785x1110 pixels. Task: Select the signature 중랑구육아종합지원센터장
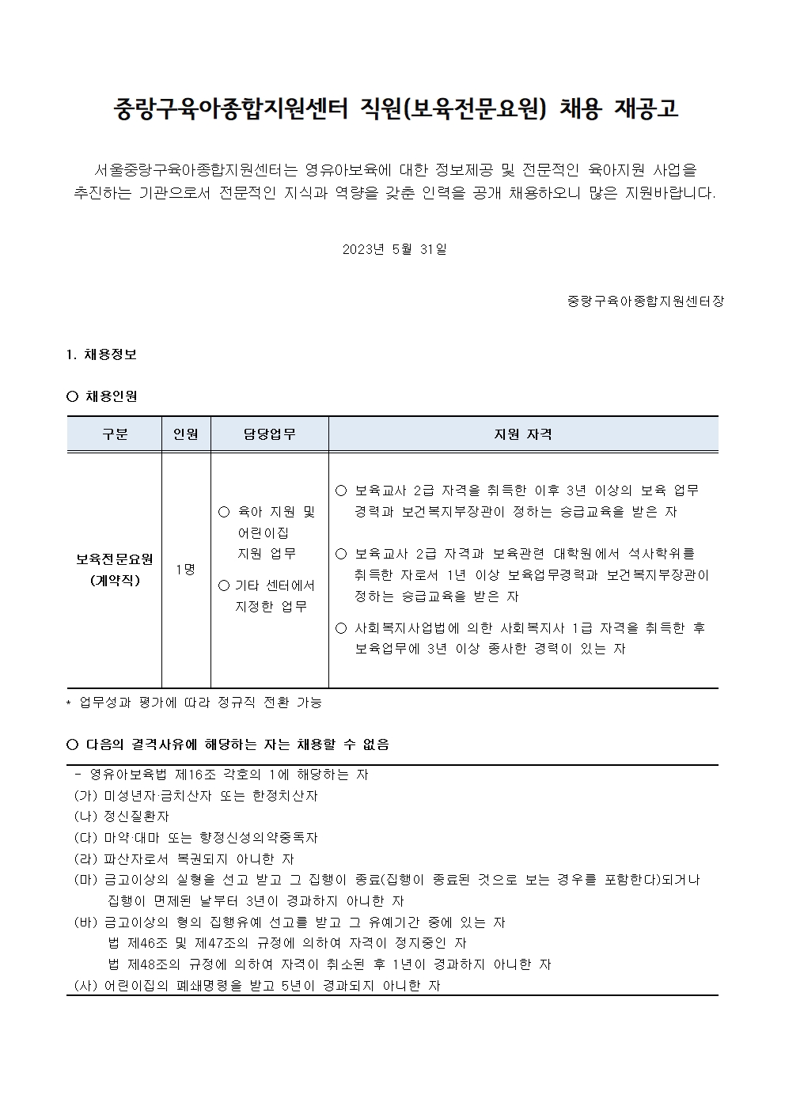pyautogui.click(x=645, y=301)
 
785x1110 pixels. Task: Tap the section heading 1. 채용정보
pyautogui.click(x=102, y=354)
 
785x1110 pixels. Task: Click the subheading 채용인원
pyautogui.click(x=111, y=396)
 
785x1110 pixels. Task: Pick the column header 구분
pyautogui.click(x=115, y=434)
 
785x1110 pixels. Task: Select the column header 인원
pyautogui.click(x=186, y=434)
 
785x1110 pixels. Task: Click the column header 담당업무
pyautogui.click(x=269, y=434)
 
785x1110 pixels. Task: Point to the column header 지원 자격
pyautogui.click(x=523, y=434)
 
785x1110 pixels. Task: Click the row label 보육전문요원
pyautogui.click(x=115, y=559)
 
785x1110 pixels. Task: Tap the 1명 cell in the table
pyautogui.click(x=186, y=570)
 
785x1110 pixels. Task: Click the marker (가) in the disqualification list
pyautogui.click(x=85, y=796)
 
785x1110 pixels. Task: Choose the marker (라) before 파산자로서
pyautogui.click(x=85, y=858)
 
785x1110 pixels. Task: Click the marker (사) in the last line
pyautogui.click(x=85, y=986)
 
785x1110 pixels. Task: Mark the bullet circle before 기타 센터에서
pyautogui.click(x=224, y=585)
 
